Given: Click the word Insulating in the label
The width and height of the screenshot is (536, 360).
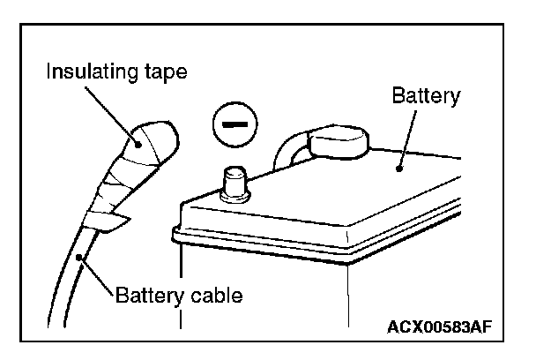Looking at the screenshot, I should click(92, 71).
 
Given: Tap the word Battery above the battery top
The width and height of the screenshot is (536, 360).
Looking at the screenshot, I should click(425, 95).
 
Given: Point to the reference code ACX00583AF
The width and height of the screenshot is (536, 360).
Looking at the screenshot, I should click(438, 327).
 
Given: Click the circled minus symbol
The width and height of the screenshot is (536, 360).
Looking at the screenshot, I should click(233, 125).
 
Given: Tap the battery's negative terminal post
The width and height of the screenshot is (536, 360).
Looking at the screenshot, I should click(234, 183).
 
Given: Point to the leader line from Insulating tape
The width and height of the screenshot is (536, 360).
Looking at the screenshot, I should click(115, 110).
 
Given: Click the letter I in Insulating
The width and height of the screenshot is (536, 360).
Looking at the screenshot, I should click(51, 71).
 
